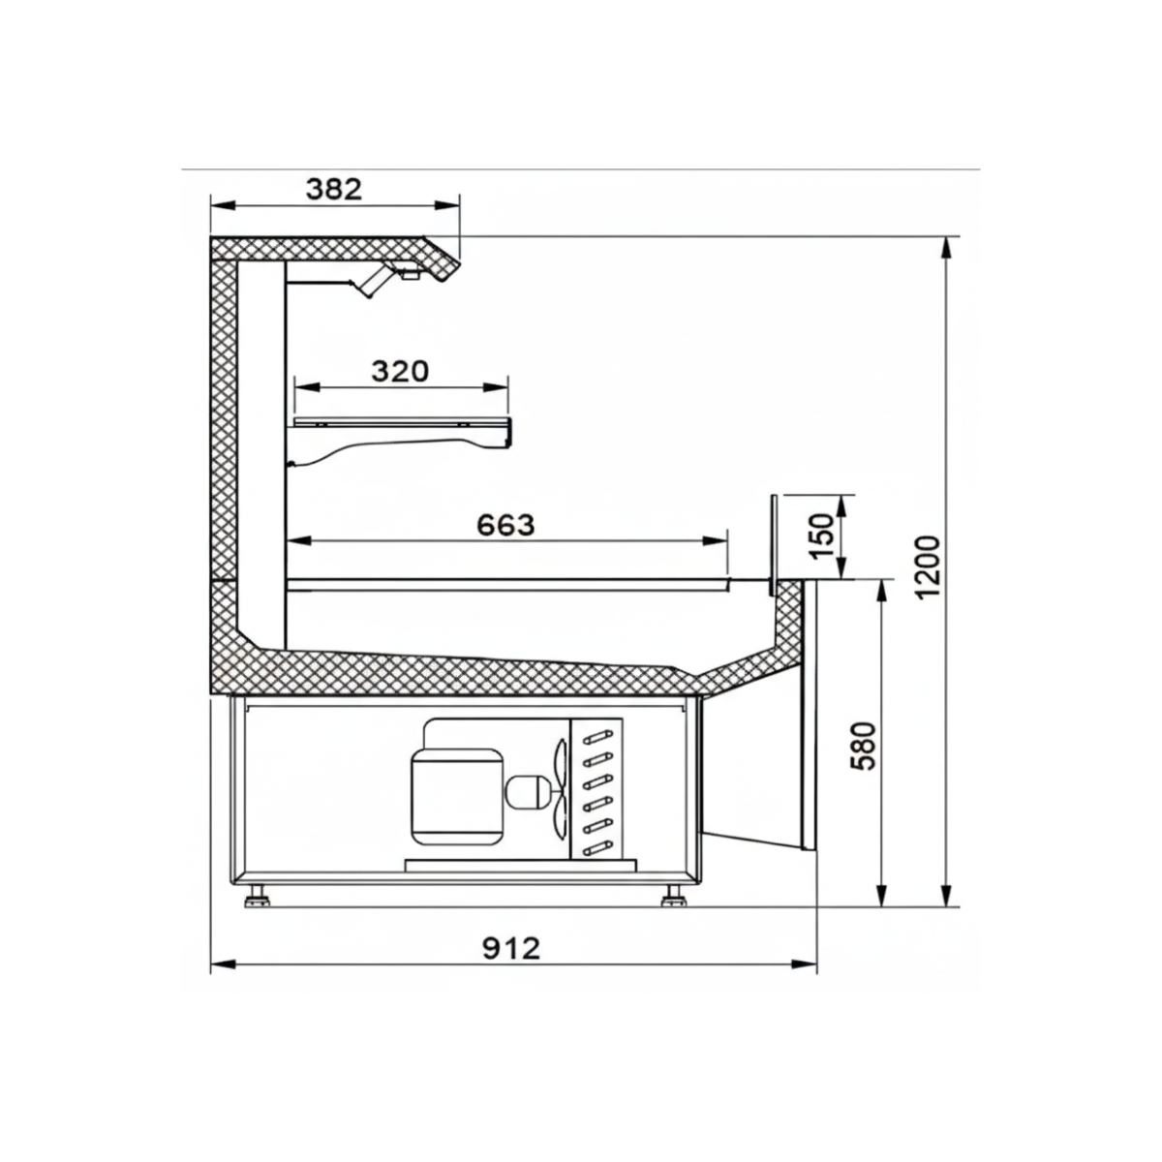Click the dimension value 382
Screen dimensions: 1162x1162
coord(333,189)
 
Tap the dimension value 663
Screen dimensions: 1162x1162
coord(505,524)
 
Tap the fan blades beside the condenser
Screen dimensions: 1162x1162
coord(559,788)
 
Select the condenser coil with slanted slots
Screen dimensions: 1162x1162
coord(596,790)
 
